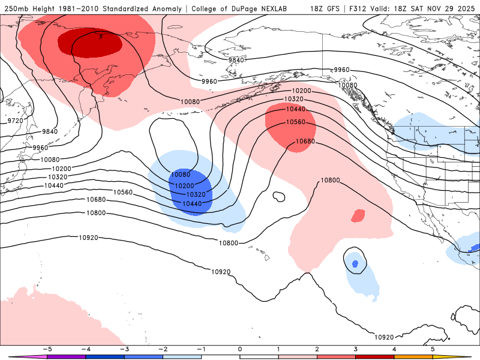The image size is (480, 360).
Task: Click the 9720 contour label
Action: tap(16, 121)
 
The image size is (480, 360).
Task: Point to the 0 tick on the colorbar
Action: tap(240, 349)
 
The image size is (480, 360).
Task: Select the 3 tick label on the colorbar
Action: tap(356, 349)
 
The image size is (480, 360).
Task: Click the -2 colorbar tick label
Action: tap(163, 349)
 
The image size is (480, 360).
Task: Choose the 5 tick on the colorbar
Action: tap(433, 349)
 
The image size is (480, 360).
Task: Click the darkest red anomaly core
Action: tap(90, 43)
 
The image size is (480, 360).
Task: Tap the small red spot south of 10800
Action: tap(358, 215)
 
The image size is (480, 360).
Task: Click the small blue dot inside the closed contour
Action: tap(355, 263)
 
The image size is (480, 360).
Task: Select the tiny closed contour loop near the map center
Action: tap(278, 196)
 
